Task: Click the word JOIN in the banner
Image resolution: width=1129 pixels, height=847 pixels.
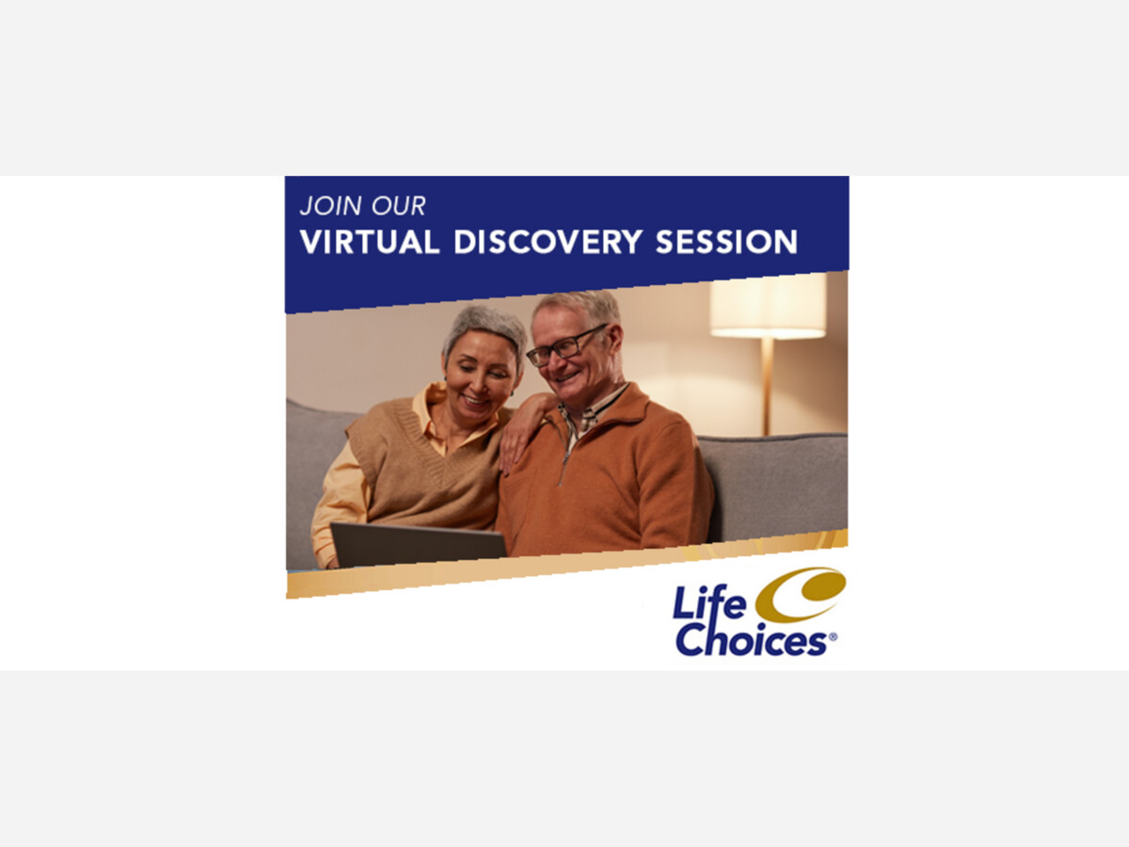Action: pyautogui.click(x=330, y=206)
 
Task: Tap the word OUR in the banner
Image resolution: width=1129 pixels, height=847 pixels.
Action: pyautogui.click(x=399, y=206)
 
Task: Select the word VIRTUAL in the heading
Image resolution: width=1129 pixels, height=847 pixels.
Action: pyautogui.click(x=370, y=242)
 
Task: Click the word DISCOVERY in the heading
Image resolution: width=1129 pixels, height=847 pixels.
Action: pyautogui.click(x=548, y=242)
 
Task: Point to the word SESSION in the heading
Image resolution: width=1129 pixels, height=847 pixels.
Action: pyautogui.click(x=726, y=242)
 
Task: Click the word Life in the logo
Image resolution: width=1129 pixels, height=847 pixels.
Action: pyautogui.click(x=709, y=602)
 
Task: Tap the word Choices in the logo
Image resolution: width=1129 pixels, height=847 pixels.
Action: pyautogui.click(x=752, y=640)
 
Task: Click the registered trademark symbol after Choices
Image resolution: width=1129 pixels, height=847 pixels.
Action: pyautogui.click(x=833, y=637)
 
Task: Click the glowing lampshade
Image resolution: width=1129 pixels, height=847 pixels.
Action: pyautogui.click(x=768, y=306)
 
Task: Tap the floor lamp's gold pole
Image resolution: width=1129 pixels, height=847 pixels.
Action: pyautogui.click(x=767, y=387)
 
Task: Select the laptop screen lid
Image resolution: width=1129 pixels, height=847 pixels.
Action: pyautogui.click(x=418, y=545)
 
